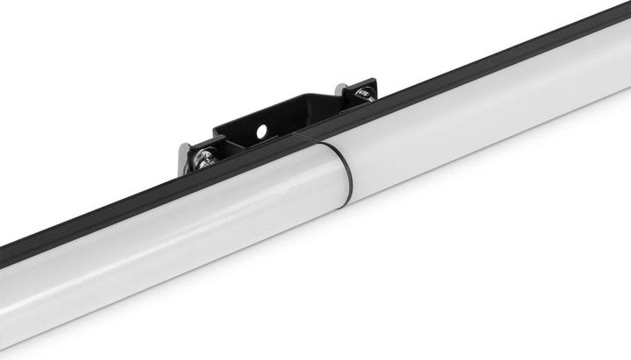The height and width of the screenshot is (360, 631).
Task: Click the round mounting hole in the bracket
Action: (x=260, y=131)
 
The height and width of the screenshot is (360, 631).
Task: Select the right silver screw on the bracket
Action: (x=364, y=93)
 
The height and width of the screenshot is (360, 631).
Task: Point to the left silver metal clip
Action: (x=185, y=158)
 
